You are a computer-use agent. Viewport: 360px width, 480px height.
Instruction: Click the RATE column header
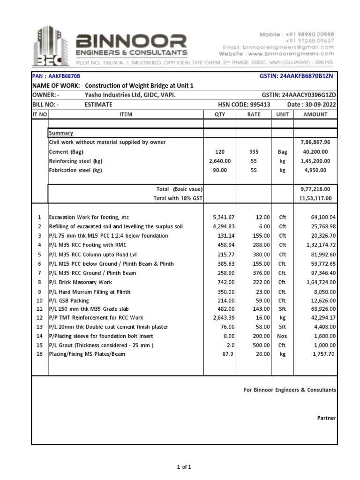tap(253, 114)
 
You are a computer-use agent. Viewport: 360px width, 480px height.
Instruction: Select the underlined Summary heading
tap(61, 133)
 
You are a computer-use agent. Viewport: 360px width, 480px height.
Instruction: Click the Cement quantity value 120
tap(219, 152)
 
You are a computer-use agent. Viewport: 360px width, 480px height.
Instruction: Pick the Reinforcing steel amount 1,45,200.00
tap(315, 161)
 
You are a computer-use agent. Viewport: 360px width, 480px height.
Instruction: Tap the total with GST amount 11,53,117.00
tap(315, 198)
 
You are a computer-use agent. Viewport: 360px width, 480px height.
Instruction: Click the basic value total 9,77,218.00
tap(315, 189)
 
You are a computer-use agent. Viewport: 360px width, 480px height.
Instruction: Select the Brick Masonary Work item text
tap(81, 282)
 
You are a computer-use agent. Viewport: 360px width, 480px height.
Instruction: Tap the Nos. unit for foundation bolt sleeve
tap(283, 336)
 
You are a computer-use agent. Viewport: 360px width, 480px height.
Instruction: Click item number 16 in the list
tap(40, 354)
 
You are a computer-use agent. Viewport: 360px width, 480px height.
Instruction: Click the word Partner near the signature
tap(327, 418)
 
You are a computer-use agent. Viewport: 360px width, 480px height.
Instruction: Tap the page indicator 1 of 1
tap(184, 467)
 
